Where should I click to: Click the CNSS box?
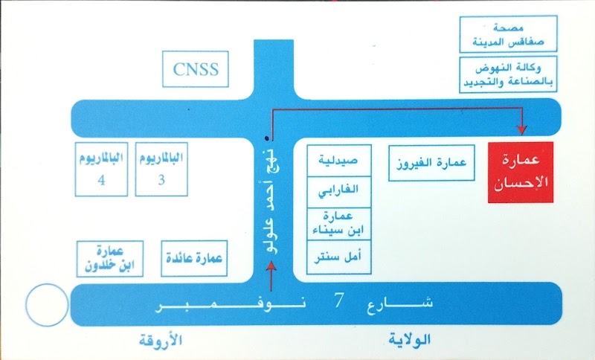[x=196, y=69]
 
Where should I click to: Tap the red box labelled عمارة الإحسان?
[x=520, y=173]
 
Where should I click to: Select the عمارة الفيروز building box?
[x=431, y=163]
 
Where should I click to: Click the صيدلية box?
[x=339, y=160]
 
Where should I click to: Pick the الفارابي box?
[x=339, y=192]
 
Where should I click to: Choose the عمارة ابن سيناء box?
[x=339, y=224]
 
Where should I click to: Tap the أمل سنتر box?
[x=339, y=257]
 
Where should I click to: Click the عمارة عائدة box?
[x=194, y=258]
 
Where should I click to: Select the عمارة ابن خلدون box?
[x=110, y=259]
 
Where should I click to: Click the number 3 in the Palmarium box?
[x=161, y=180]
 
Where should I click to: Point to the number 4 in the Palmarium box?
[x=101, y=180]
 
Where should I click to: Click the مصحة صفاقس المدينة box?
[x=508, y=33]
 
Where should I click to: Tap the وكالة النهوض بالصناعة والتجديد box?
[x=508, y=74]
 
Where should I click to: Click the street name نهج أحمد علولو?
[x=273, y=202]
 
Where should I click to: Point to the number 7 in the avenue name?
[x=339, y=300]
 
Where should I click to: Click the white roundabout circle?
[x=47, y=305]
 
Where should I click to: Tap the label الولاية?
[x=410, y=339]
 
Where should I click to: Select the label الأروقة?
[x=161, y=340]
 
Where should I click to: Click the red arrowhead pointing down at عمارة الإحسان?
[x=522, y=130]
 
